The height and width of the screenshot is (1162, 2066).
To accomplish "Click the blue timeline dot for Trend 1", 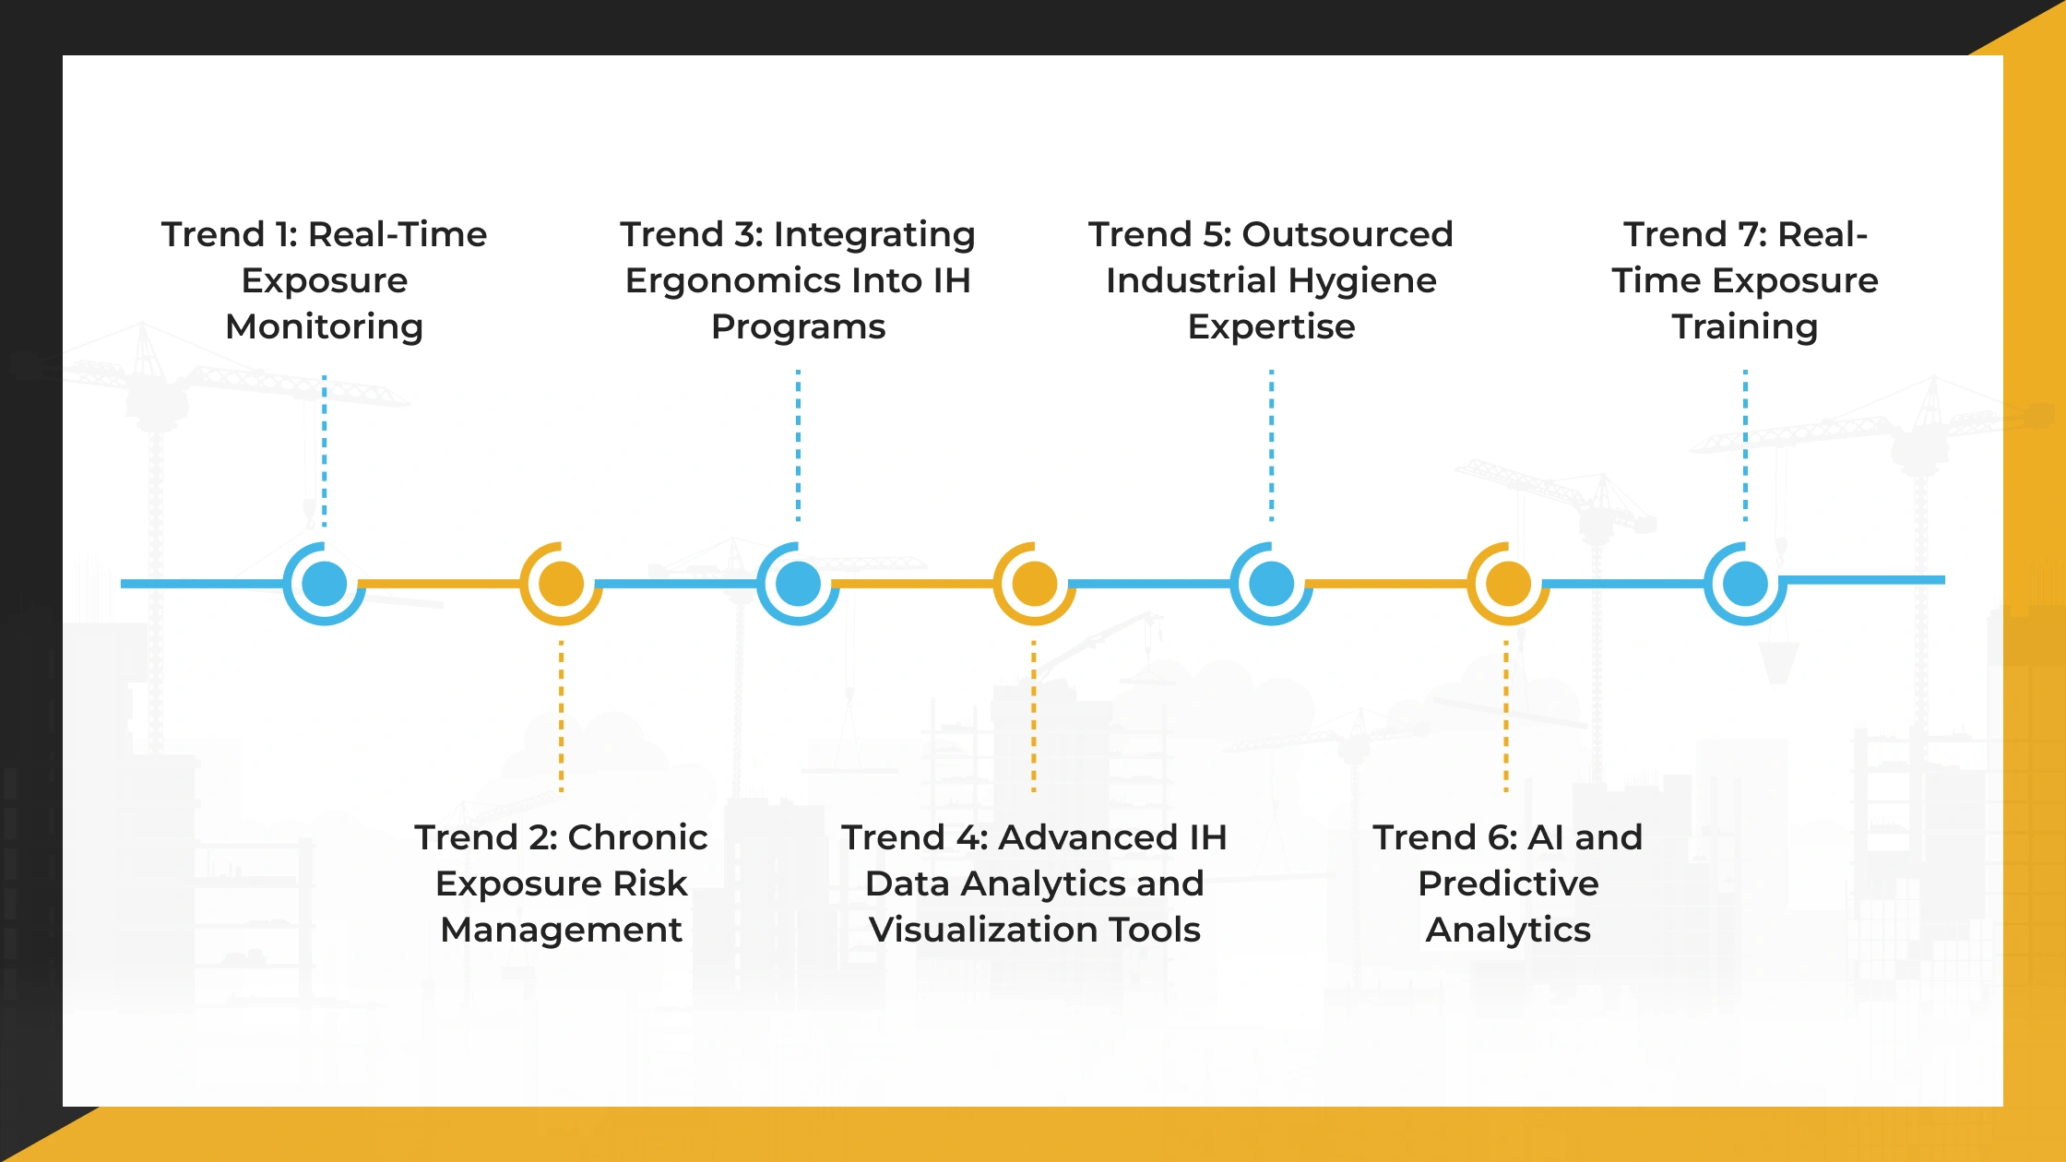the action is [325, 584].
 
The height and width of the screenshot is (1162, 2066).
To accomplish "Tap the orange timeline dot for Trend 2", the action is [561, 584].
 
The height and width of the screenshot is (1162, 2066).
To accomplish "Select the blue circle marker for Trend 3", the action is [798, 584].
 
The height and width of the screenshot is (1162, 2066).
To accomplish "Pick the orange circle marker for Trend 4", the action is [1035, 584].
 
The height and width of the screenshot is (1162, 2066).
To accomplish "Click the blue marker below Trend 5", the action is [1272, 584].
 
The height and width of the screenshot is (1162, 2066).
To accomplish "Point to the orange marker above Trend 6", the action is [1508, 584].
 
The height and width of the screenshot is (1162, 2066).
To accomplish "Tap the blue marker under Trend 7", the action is [1745, 584].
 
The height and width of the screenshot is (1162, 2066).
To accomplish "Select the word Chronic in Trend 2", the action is [637, 837].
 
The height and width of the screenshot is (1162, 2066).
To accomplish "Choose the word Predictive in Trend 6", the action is [1508, 883].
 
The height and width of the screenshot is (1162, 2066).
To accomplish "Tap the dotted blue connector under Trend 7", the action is [1745, 446].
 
